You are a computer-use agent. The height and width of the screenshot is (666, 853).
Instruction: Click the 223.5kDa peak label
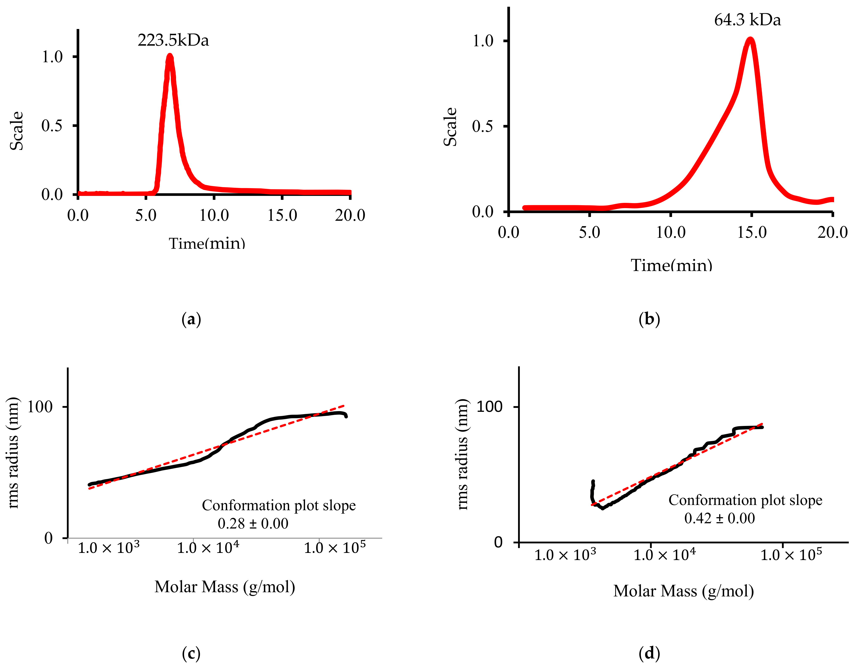click(x=173, y=40)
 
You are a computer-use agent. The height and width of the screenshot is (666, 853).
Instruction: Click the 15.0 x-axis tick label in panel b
click(x=752, y=233)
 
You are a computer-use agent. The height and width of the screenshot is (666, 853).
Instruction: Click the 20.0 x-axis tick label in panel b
click(x=832, y=233)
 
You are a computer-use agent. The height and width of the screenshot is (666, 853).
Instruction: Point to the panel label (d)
click(x=649, y=653)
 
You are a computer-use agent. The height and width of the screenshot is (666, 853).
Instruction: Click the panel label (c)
click(x=191, y=653)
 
